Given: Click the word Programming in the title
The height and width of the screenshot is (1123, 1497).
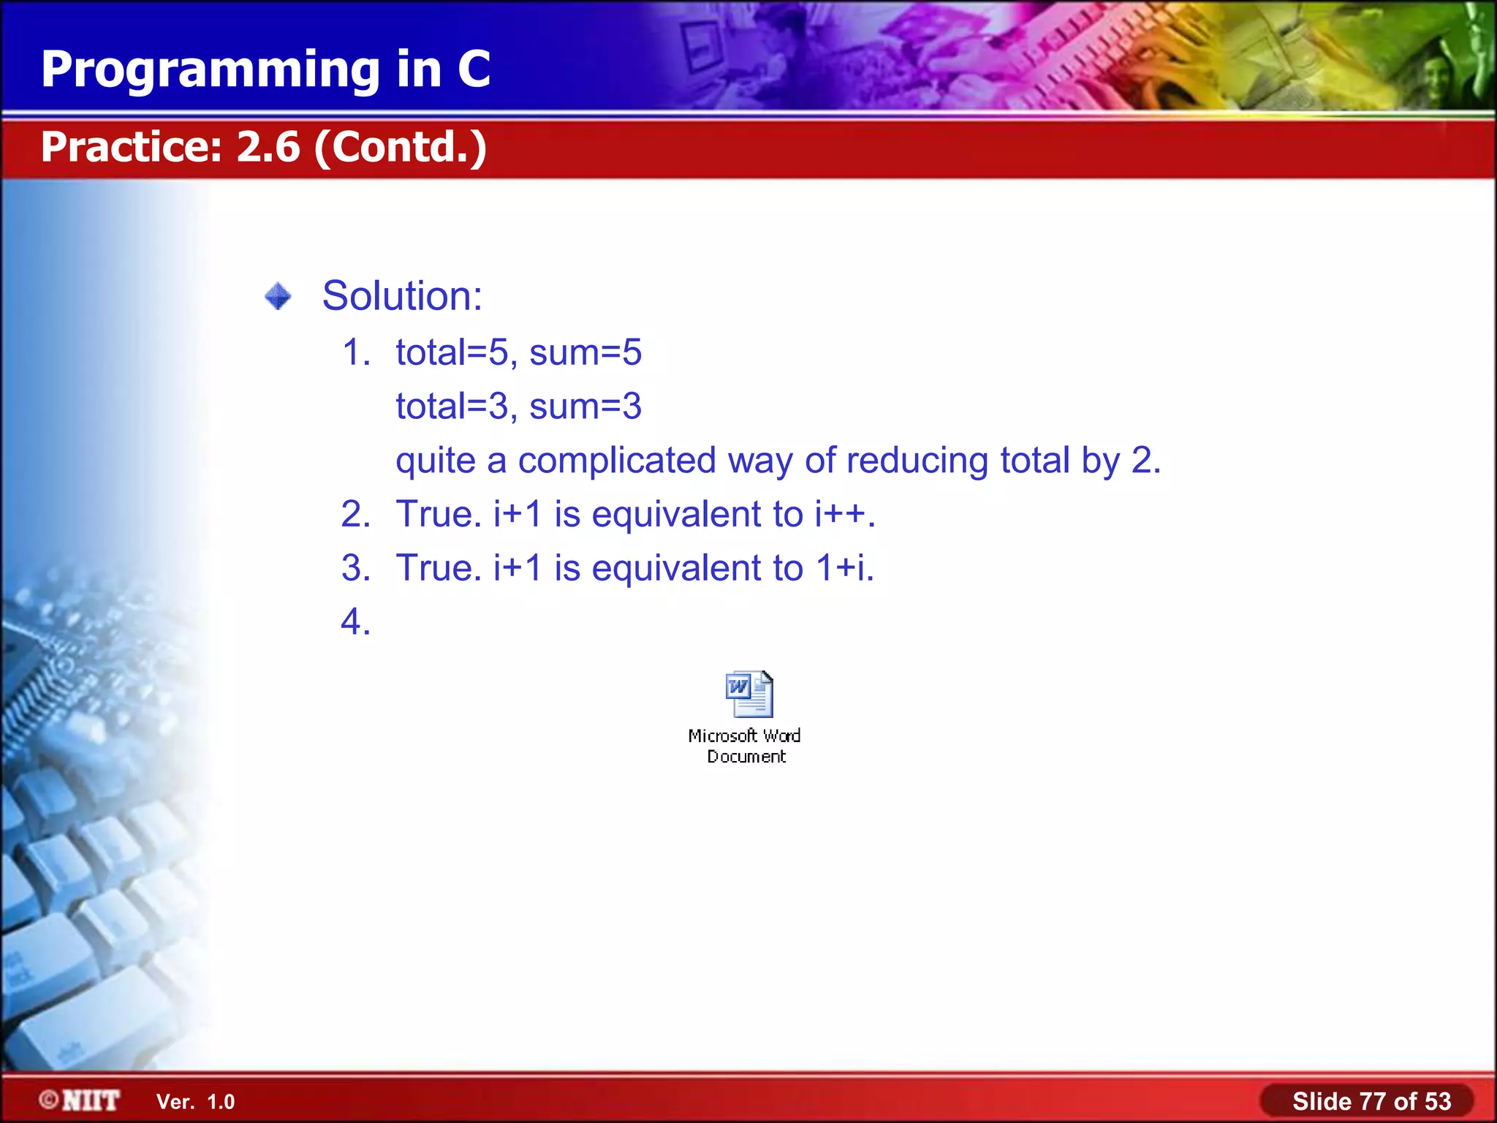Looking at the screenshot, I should tap(211, 71).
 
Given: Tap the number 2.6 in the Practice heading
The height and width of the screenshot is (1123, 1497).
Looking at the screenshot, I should tap(268, 147).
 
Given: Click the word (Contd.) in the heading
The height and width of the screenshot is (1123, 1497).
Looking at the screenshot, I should tap(401, 147).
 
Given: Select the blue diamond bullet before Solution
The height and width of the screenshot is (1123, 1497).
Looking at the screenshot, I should tap(278, 297).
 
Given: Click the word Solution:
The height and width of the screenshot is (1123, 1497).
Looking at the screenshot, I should tap(402, 296).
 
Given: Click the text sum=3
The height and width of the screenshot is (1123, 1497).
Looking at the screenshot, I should tap(585, 407).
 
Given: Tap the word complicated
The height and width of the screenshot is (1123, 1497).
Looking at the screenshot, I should tap(617, 461).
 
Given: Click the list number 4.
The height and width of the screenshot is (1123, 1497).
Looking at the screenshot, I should tap(355, 622).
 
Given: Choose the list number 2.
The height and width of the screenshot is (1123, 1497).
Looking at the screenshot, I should tap(355, 514).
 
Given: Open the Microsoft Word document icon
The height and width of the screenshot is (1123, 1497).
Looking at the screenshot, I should tap(748, 694).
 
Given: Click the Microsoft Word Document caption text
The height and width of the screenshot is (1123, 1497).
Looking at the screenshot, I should tap(745, 746).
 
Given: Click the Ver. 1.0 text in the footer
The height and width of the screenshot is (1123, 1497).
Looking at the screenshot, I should tap(195, 1102).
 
